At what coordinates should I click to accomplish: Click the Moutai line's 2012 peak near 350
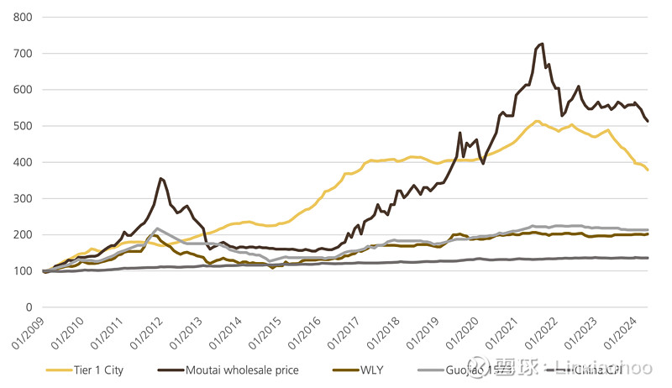point(160,178)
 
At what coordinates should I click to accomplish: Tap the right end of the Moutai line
point(648,121)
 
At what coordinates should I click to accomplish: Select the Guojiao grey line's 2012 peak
point(157,228)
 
